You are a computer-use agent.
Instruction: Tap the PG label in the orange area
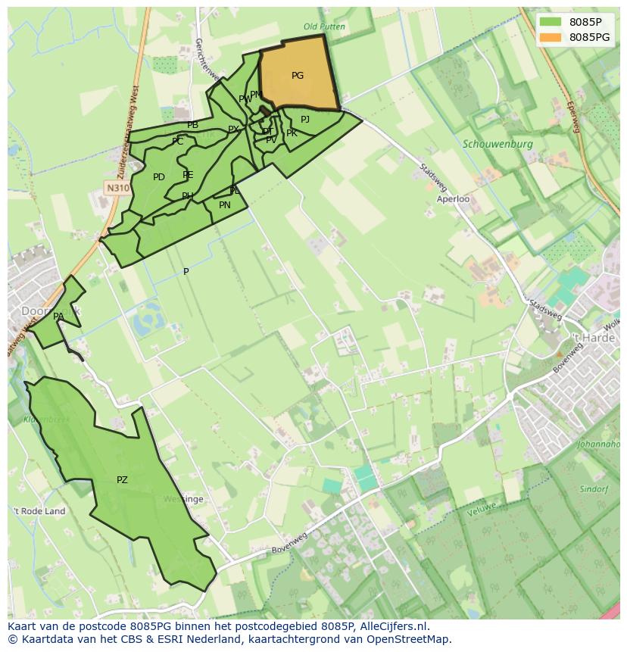click(298, 76)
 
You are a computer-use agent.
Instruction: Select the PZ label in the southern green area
click(122, 480)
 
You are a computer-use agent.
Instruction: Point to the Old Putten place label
click(324, 27)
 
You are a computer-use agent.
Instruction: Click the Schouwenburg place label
click(498, 144)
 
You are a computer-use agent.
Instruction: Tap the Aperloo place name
click(454, 199)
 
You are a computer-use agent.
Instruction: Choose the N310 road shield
click(117, 188)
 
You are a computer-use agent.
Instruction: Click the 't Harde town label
click(593, 338)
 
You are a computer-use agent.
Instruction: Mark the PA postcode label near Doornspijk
click(58, 317)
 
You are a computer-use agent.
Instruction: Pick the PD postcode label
click(159, 178)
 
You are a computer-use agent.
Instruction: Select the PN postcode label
click(225, 205)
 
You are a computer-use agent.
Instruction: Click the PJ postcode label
click(305, 120)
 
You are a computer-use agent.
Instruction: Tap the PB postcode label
click(193, 125)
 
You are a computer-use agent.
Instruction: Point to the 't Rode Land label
click(39, 511)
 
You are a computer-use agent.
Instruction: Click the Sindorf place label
click(594, 489)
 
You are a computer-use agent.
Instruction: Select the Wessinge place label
click(183, 500)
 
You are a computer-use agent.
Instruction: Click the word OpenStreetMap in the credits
click(410, 640)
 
